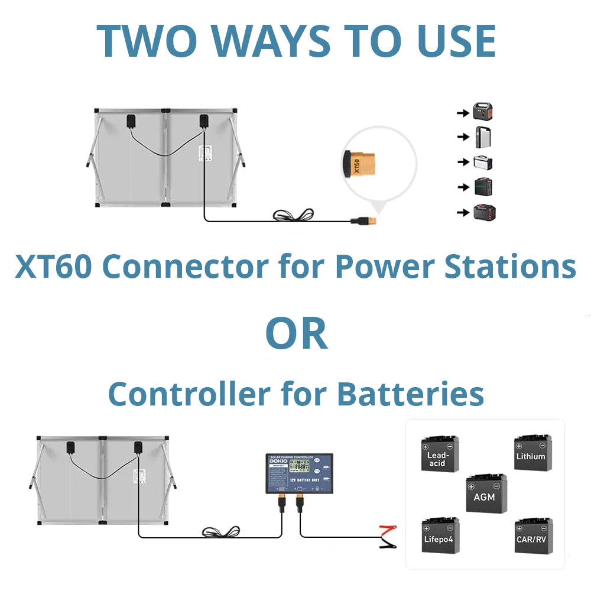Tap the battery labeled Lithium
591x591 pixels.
coord(532,453)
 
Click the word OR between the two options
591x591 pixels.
coord(296,334)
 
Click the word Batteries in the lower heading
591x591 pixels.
coord(410,394)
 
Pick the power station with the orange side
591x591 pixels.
coord(483,111)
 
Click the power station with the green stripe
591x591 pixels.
coord(483,187)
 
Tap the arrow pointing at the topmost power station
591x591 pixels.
coord(463,111)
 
